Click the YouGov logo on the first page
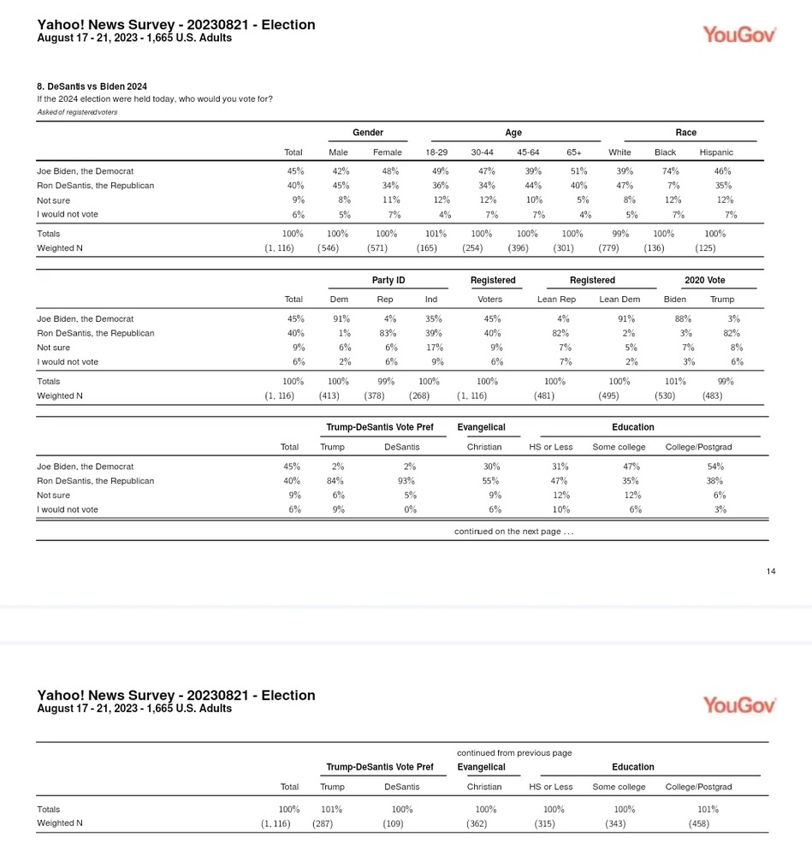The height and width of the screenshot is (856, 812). (739, 34)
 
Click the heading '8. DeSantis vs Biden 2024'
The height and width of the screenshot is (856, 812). (92, 86)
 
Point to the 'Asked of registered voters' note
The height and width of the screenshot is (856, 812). (77, 112)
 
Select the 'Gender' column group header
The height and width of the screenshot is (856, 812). (368, 133)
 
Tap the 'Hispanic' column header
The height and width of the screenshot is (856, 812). (716, 152)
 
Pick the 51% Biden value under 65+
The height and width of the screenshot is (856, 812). (578, 171)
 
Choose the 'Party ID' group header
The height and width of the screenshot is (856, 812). (388, 281)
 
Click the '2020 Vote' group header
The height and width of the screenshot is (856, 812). (704, 281)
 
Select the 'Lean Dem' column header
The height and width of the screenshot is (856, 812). (619, 300)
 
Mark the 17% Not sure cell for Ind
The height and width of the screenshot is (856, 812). (434, 348)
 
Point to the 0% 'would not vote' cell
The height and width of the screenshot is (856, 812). (410, 509)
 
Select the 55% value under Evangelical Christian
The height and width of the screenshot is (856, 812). (484, 481)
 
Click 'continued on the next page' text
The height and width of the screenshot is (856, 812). (513, 532)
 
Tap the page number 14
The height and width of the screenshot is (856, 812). (771, 572)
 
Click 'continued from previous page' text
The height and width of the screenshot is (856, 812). (514, 753)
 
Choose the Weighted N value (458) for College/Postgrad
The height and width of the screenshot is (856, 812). (698, 823)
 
